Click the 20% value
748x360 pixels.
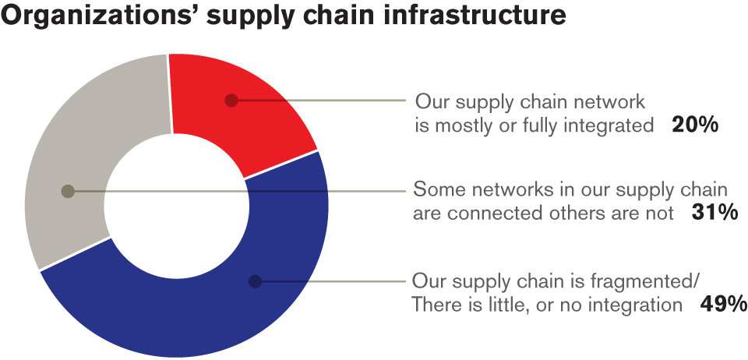pyautogui.click(x=694, y=125)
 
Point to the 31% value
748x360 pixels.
pyautogui.click(x=714, y=213)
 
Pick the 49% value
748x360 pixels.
pyautogui.click(x=723, y=303)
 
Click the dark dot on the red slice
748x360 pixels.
pyautogui.click(x=231, y=101)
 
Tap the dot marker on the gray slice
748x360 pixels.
pyautogui.click(x=69, y=191)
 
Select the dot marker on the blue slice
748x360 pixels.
pyautogui.click(x=256, y=281)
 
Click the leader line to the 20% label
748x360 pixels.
pyautogui.click(x=320, y=101)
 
